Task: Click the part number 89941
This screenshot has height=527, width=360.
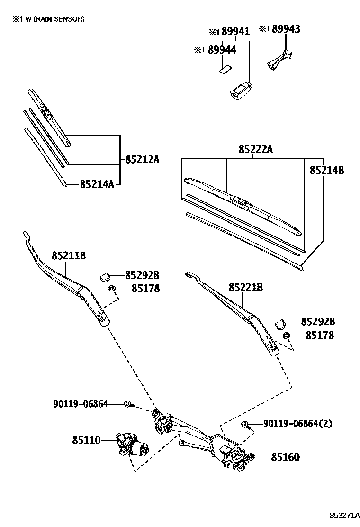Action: click(235, 31)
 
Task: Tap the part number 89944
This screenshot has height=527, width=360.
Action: click(222, 49)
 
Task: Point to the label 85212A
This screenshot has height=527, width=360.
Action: click(142, 159)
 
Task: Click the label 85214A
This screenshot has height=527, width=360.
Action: click(97, 184)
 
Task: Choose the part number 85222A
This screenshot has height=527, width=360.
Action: click(256, 149)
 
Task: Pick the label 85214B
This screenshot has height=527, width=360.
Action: click(327, 170)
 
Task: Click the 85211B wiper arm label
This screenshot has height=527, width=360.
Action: click(69, 255)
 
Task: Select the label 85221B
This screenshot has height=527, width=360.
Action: click(245, 287)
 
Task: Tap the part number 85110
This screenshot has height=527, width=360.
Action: click(86, 440)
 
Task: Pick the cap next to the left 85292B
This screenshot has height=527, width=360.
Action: click(106, 275)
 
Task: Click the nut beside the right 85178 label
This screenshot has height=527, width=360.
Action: click(286, 336)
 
